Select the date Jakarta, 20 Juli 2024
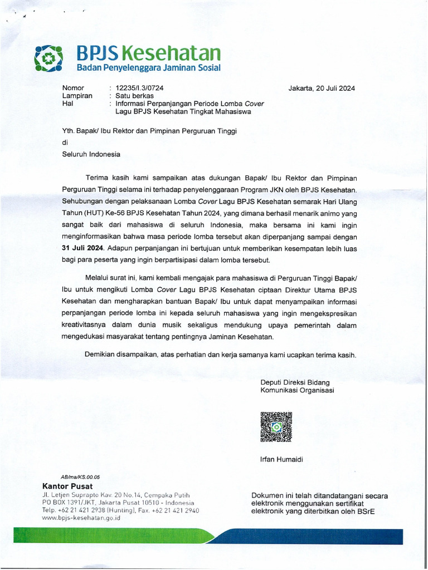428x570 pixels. click(322, 88)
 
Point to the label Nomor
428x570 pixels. click(73, 88)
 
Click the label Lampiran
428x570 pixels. click(76, 96)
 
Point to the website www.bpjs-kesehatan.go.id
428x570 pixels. click(81, 517)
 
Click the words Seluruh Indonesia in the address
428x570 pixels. click(91, 154)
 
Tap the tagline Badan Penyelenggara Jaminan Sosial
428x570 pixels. click(148, 68)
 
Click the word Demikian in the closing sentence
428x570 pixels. click(102, 355)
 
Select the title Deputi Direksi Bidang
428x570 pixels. click(295, 382)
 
